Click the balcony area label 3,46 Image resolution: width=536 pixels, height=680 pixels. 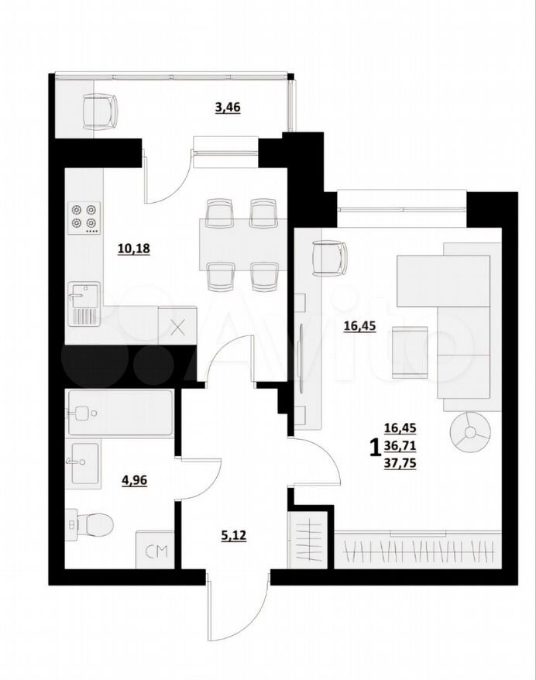228,107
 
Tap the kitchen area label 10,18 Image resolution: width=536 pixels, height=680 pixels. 134,249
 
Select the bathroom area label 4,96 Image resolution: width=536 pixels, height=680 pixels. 135,480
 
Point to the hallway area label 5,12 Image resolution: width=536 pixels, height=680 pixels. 234,536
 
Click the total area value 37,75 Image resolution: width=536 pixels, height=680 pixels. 400,464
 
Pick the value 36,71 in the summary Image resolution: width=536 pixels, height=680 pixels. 400,446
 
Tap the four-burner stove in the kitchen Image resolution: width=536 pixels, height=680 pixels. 84,218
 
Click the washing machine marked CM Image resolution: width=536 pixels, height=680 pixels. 155,549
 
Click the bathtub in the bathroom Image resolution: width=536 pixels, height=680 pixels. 120,413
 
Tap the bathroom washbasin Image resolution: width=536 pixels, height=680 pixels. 84,462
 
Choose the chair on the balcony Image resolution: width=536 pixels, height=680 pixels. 100,112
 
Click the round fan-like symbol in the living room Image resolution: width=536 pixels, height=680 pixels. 470,433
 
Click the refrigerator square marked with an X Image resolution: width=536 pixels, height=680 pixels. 178,326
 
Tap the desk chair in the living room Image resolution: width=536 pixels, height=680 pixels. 330,258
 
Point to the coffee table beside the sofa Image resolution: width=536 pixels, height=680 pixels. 410,352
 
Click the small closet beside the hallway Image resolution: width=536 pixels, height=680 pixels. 308,539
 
